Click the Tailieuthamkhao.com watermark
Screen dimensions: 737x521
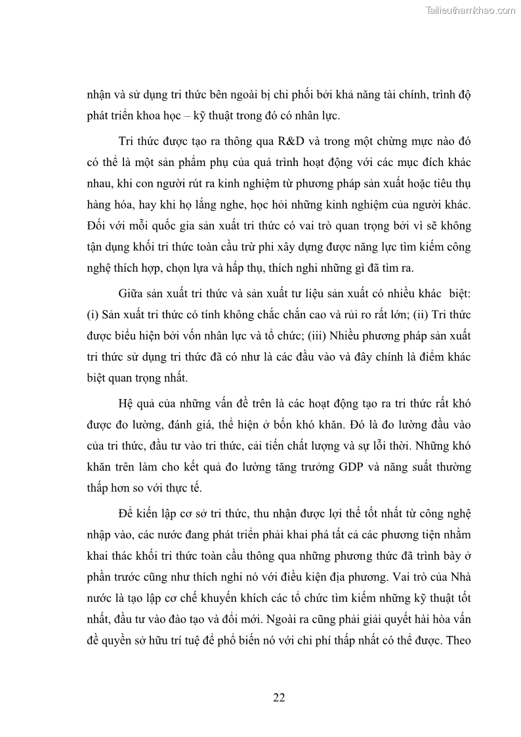tap(471, 10)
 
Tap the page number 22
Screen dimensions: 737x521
tap(279, 697)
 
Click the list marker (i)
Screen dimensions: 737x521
tap(92, 313)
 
